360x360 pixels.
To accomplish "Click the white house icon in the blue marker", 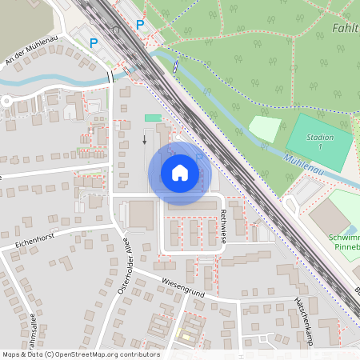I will coord(180,173).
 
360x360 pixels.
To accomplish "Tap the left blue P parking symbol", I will coord(94,42).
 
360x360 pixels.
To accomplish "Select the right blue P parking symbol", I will coord(140,25).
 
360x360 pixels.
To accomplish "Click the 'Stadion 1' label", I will coord(320,142).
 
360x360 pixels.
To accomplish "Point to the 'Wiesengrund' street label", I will coord(183,288).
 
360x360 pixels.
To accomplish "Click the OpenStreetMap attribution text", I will coord(80,354).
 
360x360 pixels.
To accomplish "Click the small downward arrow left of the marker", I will coord(145,140).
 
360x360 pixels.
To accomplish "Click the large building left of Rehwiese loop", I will coord(142,215).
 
